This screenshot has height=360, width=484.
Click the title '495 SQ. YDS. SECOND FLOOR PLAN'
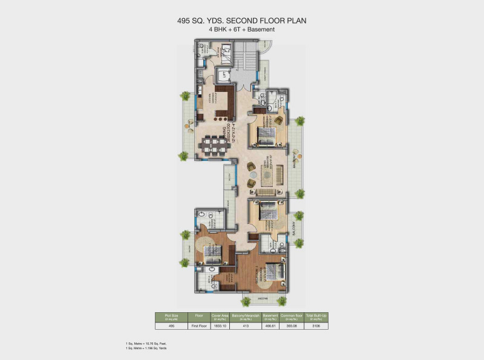click(x=242, y=20)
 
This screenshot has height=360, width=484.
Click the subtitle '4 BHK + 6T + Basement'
click(x=242, y=29)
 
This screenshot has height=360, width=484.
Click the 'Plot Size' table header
click(x=171, y=316)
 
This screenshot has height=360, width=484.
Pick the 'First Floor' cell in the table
click(x=198, y=326)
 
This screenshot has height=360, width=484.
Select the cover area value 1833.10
click(x=219, y=326)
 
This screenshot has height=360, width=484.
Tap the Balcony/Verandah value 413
click(x=246, y=326)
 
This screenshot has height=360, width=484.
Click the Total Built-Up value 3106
click(x=316, y=326)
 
